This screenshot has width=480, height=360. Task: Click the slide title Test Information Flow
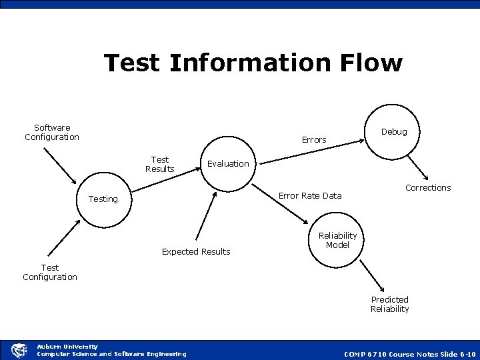(x=253, y=63)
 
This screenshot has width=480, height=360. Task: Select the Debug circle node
(x=393, y=133)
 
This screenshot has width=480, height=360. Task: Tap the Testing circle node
(x=103, y=199)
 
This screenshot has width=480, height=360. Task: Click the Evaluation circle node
(x=228, y=165)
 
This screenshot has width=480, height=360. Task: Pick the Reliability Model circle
(x=338, y=241)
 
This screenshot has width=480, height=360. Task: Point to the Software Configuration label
(x=52, y=132)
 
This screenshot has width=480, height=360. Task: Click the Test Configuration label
(x=50, y=272)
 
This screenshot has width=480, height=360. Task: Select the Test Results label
(x=160, y=164)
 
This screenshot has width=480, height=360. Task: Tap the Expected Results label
(x=196, y=251)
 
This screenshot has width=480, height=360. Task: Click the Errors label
(x=314, y=139)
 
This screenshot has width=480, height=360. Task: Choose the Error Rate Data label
(x=309, y=195)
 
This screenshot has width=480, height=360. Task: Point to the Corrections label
(x=428, y=187)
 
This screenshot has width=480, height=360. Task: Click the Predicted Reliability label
(x=390, y=304)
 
